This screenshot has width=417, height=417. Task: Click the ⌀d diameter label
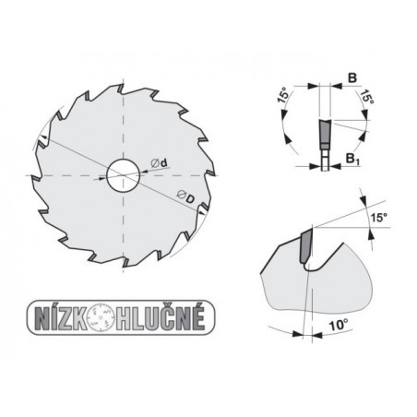pyautogui.click(x=159, y=165)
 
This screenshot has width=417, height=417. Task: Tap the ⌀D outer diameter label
pyautogui.click(x=185, y=195)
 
